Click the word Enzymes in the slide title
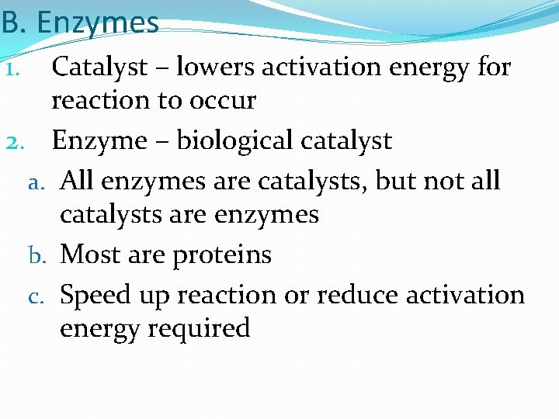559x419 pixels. (98, 23)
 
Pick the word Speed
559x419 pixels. (94, 296)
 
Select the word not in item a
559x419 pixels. (444, 182)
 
